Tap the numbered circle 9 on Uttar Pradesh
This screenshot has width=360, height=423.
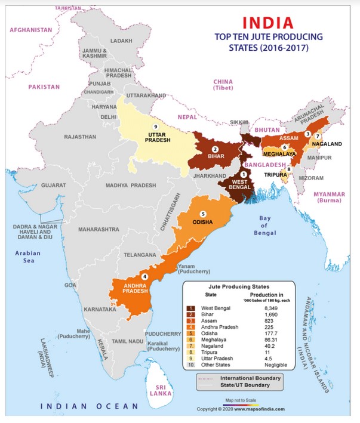[155, 127]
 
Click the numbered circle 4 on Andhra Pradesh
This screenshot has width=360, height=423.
[144, 277]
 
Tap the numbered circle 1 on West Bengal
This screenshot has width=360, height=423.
[243, 173]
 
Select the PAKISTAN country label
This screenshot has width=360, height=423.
[44, 87]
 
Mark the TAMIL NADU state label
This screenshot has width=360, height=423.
[128, 341]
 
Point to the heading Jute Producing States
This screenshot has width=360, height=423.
[237, 286]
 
